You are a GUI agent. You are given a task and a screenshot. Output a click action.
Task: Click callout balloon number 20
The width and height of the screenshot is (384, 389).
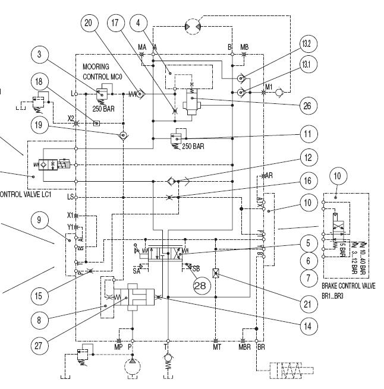tap(89, 23)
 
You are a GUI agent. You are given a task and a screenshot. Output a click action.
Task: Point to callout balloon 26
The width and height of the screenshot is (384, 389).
tap(306, 106)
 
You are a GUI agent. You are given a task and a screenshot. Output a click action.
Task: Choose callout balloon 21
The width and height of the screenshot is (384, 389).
tap(306, 305)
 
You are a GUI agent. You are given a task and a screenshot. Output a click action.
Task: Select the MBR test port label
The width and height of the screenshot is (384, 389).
tap(245, 347)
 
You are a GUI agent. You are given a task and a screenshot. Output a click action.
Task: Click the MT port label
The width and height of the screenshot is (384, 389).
tap(217, 347)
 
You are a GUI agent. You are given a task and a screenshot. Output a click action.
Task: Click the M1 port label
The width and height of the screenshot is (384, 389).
tap(269, 87)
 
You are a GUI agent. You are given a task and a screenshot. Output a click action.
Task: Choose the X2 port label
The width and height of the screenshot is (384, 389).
tap(70, 118)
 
